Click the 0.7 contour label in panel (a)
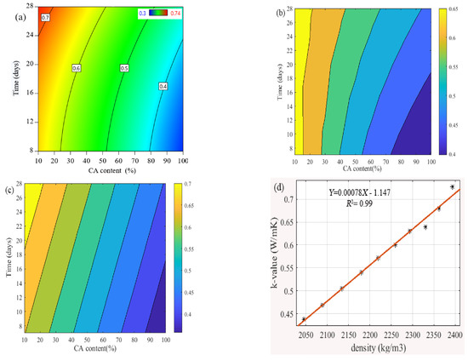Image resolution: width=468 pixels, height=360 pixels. (x=46, y=17)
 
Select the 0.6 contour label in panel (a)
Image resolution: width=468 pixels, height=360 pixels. (x=76, y=67)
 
